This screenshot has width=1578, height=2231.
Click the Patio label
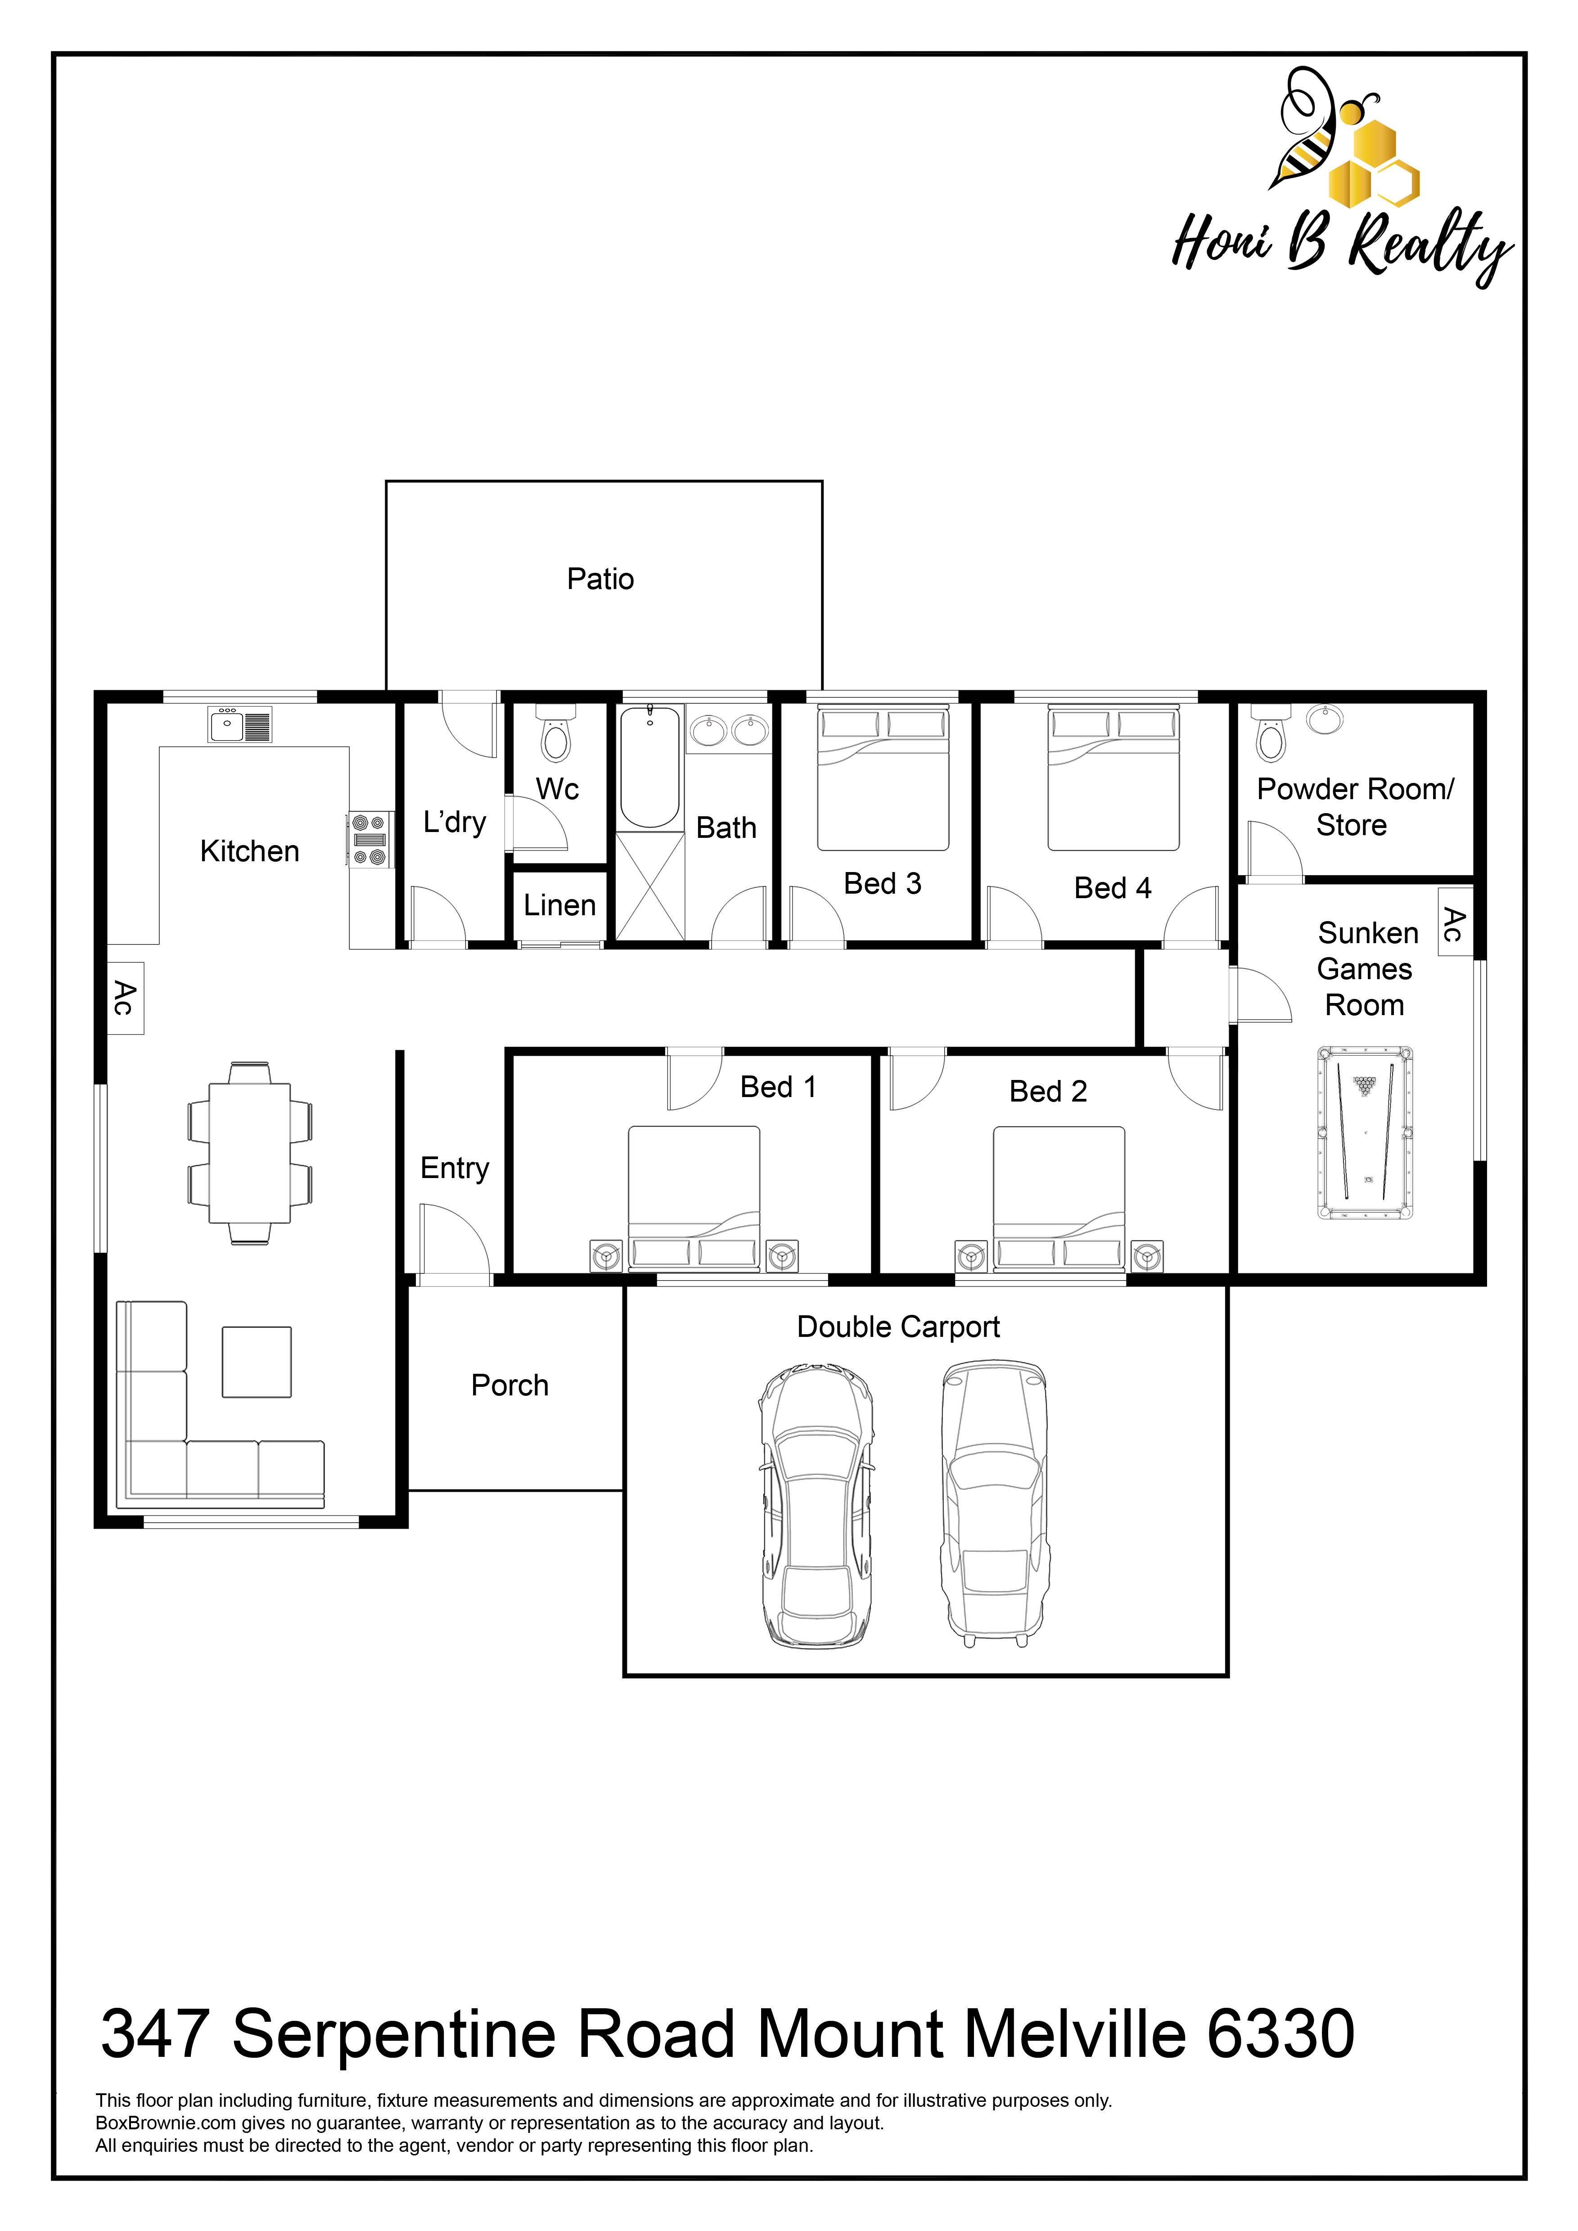click(x=600, y=579)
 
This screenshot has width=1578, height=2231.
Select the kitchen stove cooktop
click(x=370, y=840)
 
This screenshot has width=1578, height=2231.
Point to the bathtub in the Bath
click(x=650, y=767)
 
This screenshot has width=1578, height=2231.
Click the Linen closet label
click(x=560, y=906)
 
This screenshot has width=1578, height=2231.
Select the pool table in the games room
click(x=1365, y=1133)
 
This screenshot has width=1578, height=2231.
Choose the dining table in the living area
click(x=250, y=1153)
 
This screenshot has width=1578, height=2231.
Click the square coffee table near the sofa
click(x=257, y=1362)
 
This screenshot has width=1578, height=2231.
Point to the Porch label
click(x=510, y=1385)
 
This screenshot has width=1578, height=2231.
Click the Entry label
click(x=455, y=1168)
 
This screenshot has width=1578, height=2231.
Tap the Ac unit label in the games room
click(x=1454, y=924)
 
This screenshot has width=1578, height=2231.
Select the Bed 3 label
click(x=882, y=884)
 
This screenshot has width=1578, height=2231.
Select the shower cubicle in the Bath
click(x=650, y=886)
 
